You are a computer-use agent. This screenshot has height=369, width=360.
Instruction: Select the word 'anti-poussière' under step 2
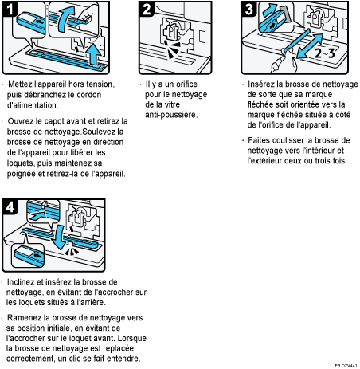(170, 115)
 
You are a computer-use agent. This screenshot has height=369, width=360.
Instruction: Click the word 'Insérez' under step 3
(262, 84)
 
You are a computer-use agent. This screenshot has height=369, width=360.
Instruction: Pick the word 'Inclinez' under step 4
(24, 281)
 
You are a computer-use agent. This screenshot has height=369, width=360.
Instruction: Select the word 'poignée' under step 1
(25, 172)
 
